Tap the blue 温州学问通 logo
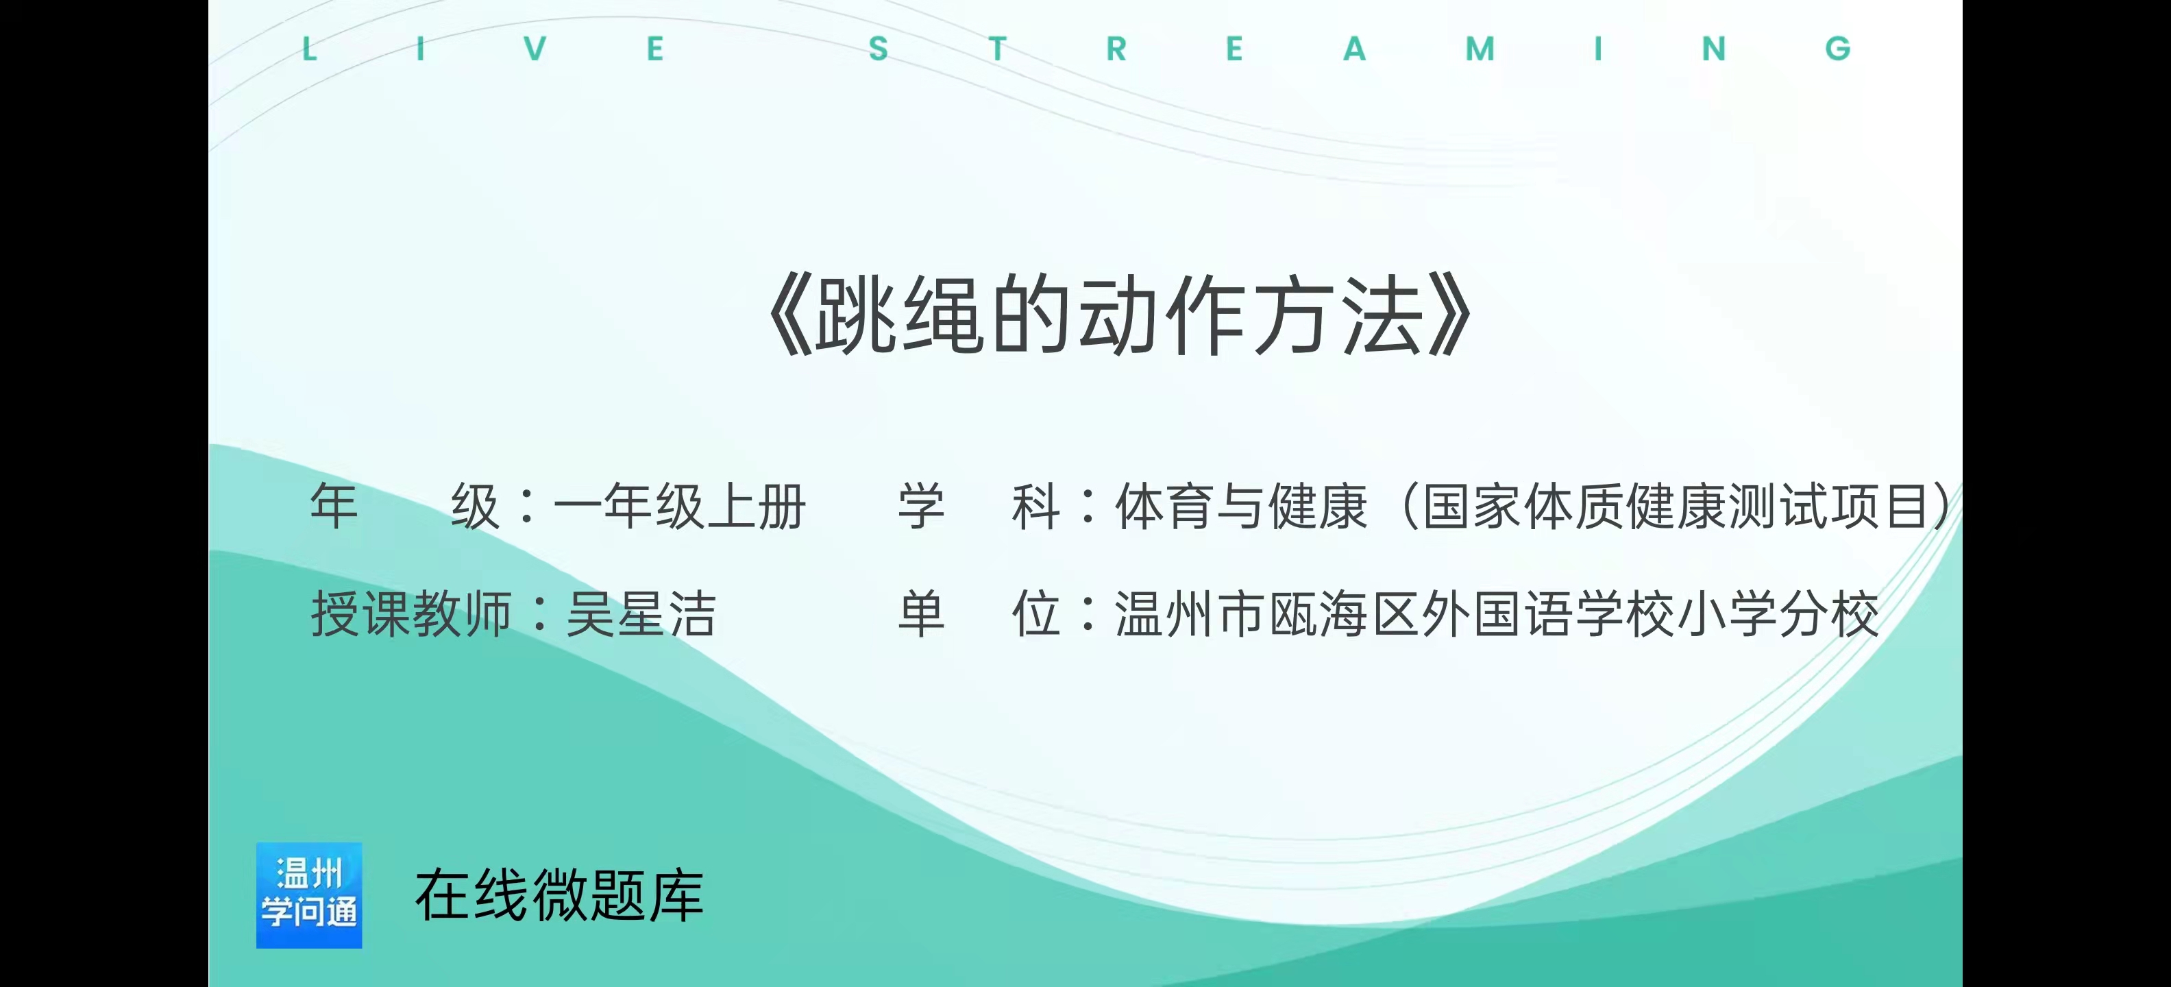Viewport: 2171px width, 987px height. [309, 895]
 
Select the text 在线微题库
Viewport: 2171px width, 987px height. [559, 895]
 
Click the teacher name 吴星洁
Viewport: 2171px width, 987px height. [641, 613]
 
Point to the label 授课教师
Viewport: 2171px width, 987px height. [411, 613]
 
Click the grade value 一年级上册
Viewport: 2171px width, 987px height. [679, 507]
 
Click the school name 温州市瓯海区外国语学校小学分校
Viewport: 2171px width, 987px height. [1497, 613]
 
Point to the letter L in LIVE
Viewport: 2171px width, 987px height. [309, 49]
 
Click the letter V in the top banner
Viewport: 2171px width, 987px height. [535, 49]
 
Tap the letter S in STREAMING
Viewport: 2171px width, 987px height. [878, 49]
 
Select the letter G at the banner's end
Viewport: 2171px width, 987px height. [1838, 49]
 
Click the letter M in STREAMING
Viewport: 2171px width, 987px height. [1480, 49]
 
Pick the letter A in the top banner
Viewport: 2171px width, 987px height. [1354, 49]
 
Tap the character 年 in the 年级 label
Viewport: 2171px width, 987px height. [334, 507]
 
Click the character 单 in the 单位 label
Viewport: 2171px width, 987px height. [921, 613]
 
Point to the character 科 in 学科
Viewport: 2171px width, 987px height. [1035, 507]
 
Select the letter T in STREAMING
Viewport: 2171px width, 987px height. [998, 49]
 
